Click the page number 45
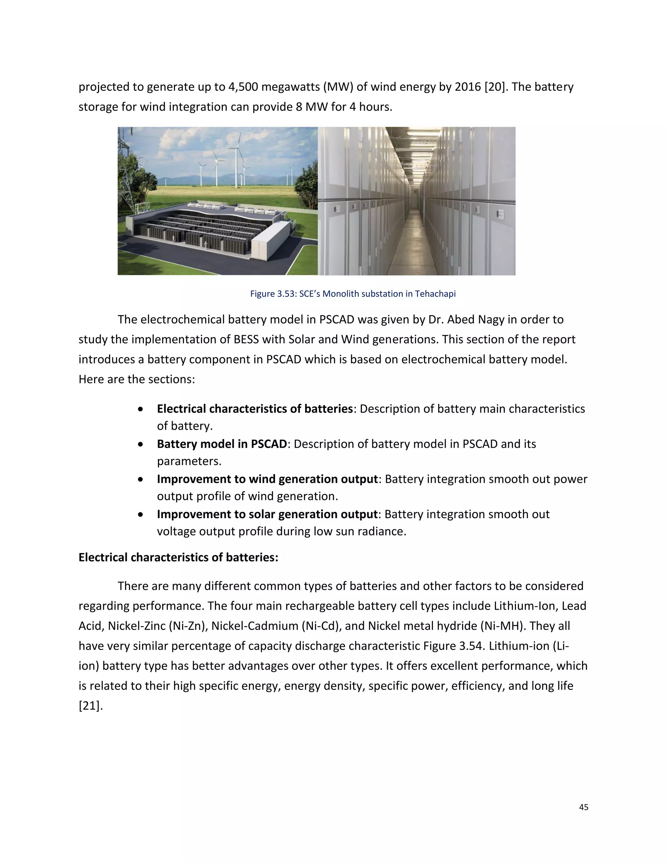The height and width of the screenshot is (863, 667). [583, 807]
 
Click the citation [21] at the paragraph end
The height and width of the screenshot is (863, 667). [90, 705]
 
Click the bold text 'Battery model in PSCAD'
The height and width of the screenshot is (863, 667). [222, 444]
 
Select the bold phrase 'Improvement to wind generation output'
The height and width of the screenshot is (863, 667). [267, 479]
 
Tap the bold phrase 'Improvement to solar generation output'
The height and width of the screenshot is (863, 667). [267, 514]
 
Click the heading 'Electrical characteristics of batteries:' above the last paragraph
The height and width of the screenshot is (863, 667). [178, 557]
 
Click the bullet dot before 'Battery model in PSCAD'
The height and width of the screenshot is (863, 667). [141, 445]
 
